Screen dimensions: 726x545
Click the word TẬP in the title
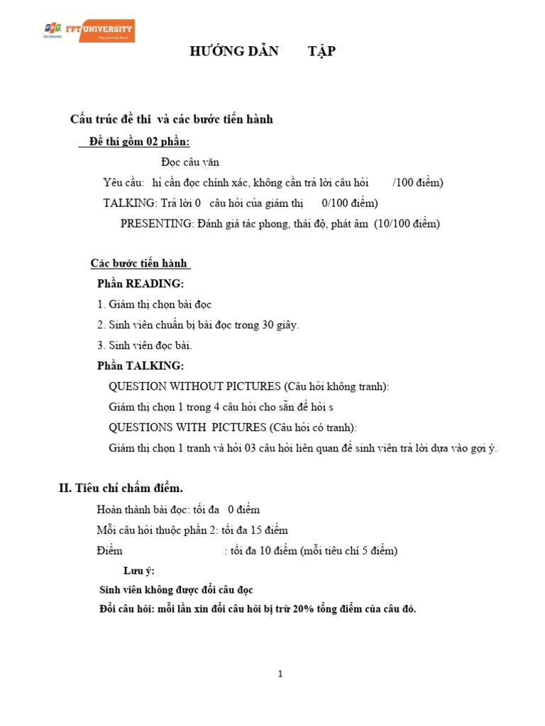[x=321, y=52]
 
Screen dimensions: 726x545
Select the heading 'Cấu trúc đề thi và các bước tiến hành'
[x=171, y=119]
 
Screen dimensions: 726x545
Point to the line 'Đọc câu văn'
[x=190, y=162]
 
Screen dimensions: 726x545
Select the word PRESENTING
[x=156, y=224]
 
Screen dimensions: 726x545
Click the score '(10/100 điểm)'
[x=407, y=224]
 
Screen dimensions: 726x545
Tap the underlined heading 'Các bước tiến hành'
[x=138, y=264]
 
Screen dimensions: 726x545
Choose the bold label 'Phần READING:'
[x=140, y=284]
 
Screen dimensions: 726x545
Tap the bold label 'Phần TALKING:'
[x=140, y=367]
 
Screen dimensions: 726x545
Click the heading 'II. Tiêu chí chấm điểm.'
[x=121, y=488]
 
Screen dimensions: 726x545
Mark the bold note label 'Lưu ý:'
[x=139, y=571]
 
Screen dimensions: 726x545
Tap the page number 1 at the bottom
[x=280, y=674]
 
